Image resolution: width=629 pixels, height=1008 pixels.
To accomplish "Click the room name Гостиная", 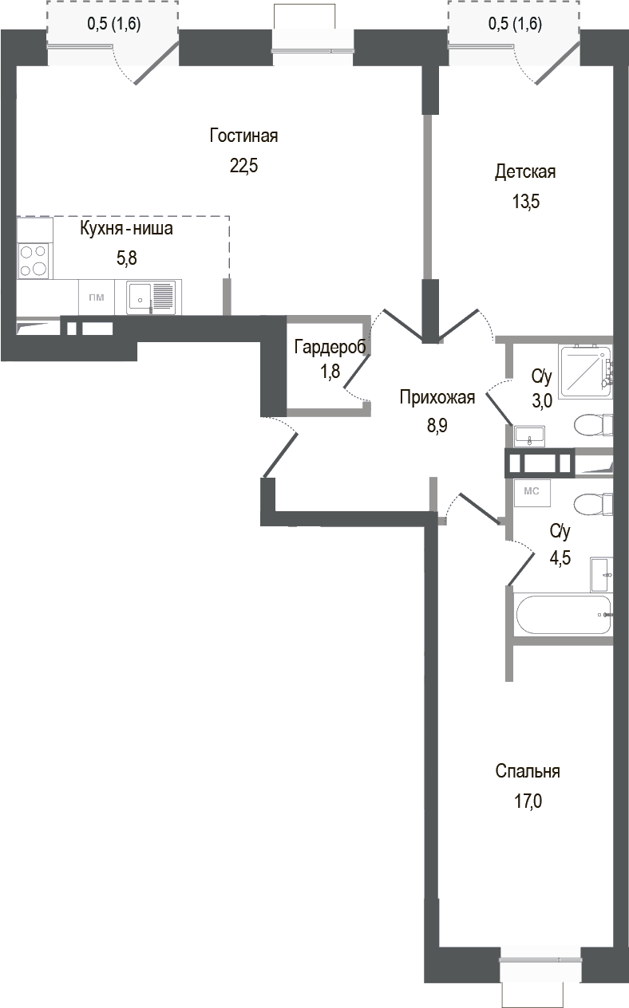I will click(x=243, y=136).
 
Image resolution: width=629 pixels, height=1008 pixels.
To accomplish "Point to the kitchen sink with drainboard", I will click(x=150, y=297).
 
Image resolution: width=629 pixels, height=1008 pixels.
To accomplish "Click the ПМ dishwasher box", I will click(x=97, y=298).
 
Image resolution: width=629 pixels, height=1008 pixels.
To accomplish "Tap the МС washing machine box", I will click(x=532, y=492).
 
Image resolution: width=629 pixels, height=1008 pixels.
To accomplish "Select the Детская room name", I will click(x=524, y=171).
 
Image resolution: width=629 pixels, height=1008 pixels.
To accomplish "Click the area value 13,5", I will click(x=526, y=202).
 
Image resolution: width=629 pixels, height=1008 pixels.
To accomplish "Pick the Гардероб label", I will click(x=330, y=347).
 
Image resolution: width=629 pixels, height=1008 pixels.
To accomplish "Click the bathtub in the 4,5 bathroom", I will click(x=564, y=615).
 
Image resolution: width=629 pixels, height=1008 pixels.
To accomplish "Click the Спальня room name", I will click(x=528, y=771).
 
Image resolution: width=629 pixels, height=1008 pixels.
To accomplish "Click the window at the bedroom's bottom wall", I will click(x=540, y=960).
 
